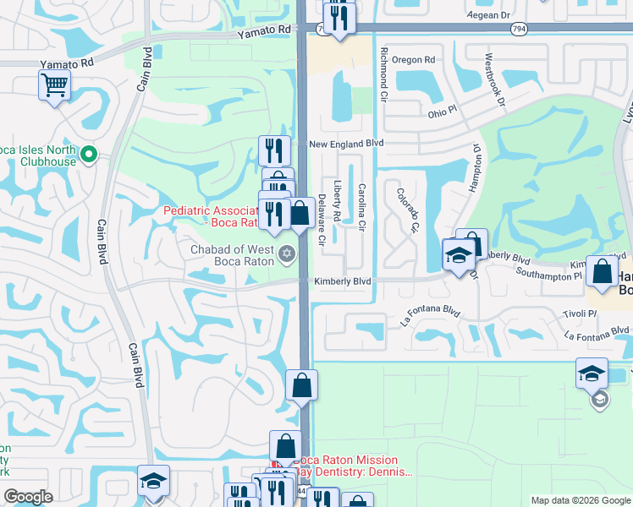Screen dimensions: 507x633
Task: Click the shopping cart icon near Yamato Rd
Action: point(54,84)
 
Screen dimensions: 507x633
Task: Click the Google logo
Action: point(28,497)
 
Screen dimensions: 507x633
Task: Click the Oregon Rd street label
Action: point(413,60)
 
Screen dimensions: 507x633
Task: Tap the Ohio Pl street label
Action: point(442,112)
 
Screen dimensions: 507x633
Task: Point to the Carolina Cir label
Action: point(361,208)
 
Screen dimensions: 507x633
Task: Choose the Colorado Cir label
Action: point(408,210)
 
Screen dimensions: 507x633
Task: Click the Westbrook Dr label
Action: point(494,80)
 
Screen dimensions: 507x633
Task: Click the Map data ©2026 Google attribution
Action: point(581,500)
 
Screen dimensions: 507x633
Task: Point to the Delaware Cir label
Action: point(322,219)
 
